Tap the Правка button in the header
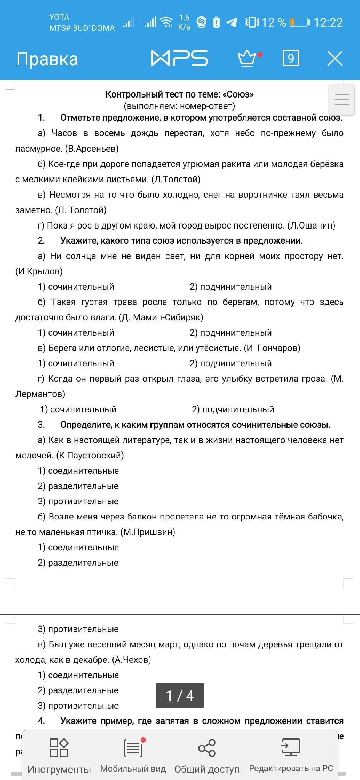click(x=47, y=59)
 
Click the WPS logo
click(x=179, y=58)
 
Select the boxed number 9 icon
click(x=291, y=58)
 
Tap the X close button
click(x=335, y=58)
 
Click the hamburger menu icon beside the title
click(x=342, y=100)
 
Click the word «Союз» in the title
click(x=238, y=94)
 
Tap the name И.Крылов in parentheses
click(x=39, y=271)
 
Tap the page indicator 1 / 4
click(x=180, y=696)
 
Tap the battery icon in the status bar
click(x=299, y=22)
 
